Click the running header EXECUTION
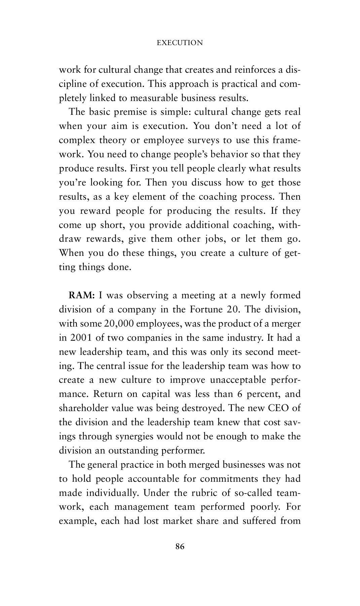180,43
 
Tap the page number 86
180,547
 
